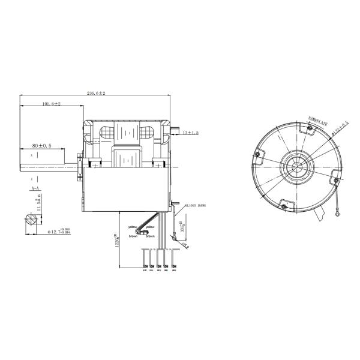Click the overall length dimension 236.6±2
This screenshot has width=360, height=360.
pyautogui.click(x=96, y=94)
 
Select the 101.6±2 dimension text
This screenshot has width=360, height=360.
pyautogui.click(x=52, y=104)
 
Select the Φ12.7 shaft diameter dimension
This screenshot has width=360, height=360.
pyautogui.click(x=43, y=232)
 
